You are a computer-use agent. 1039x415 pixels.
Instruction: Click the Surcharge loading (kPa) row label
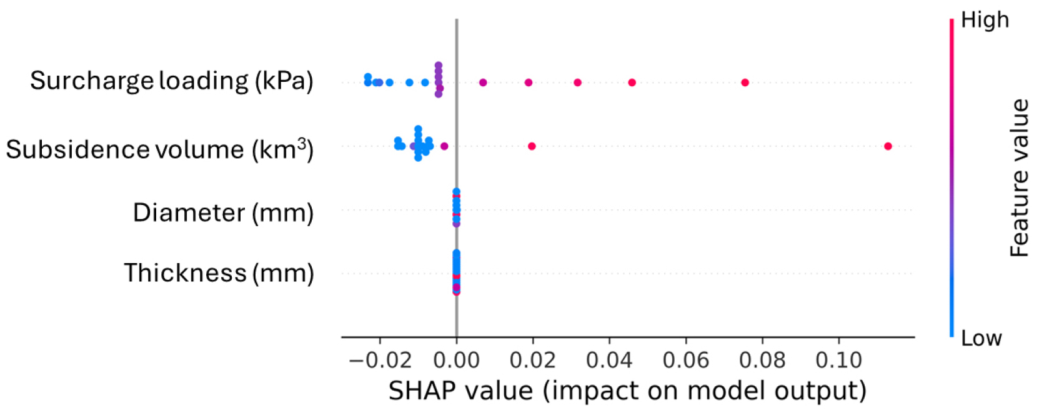pyautogui.click(x=171, y=81)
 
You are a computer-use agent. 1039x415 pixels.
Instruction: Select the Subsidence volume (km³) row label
pyautogui.click(x=159, y=149)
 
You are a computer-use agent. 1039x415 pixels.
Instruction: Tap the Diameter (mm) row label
pyautogui.click(x=223, y=213)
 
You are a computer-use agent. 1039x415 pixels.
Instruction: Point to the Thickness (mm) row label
pyautogui.click(x=219, y=273)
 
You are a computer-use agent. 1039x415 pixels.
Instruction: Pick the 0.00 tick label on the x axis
pyautogui.click(x=456, y=360)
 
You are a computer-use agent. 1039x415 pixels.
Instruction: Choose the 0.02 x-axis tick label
pyautogui.click(x=532, y=360)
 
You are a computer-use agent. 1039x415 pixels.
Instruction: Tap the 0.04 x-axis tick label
pyautogui.click(x=609, y=360)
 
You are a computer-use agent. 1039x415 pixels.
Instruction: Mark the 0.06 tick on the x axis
pyautogui.click(x=685, y=360)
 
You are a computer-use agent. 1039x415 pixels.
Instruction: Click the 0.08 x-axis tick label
pyautogui.click(x=762, y=360)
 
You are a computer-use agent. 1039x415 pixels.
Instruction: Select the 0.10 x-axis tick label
pyautogui.click(x=838, y=360)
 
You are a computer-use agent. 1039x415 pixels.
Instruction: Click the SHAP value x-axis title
pyautogui.click(x=627, y=391)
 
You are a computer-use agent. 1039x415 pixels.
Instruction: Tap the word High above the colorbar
pyautogui.click(x=985, y=20)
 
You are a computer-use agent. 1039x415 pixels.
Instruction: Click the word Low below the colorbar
pyautogui.click(x=981, y=338)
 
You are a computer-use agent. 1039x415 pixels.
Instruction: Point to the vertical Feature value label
pyautogui.click(x=1019, y=178)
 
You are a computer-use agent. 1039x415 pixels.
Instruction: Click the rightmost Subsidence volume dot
pyautogui.click(x=888, y=146)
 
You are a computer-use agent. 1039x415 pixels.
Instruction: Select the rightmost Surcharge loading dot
pyautogui.click(x=745, y=82)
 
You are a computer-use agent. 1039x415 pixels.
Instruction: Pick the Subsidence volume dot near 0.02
pyautogui.click(x=532, y=146)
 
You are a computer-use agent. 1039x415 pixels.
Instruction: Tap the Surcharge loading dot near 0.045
pyautogui.click(x=632, y=82)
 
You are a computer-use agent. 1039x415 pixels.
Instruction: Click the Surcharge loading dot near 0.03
pyautogui.click(x=577, y=82)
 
